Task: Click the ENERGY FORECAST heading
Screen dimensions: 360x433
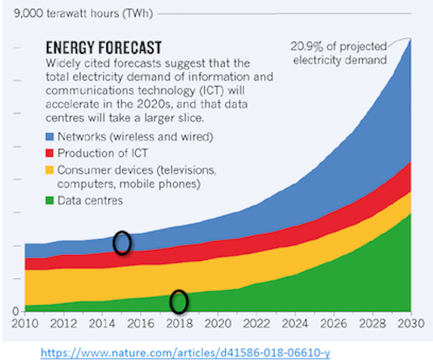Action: [103, 48]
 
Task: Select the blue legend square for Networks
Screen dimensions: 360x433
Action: [50, 137]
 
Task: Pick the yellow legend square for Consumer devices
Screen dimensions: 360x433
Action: [50, 169]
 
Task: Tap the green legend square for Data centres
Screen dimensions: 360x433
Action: [50, 200]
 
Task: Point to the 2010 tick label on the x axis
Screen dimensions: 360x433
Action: [25, 323]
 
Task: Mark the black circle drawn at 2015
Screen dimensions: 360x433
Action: [122, 243]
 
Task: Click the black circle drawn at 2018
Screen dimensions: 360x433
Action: [179, 301]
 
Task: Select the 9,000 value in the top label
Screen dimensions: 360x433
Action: [19, 12]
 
